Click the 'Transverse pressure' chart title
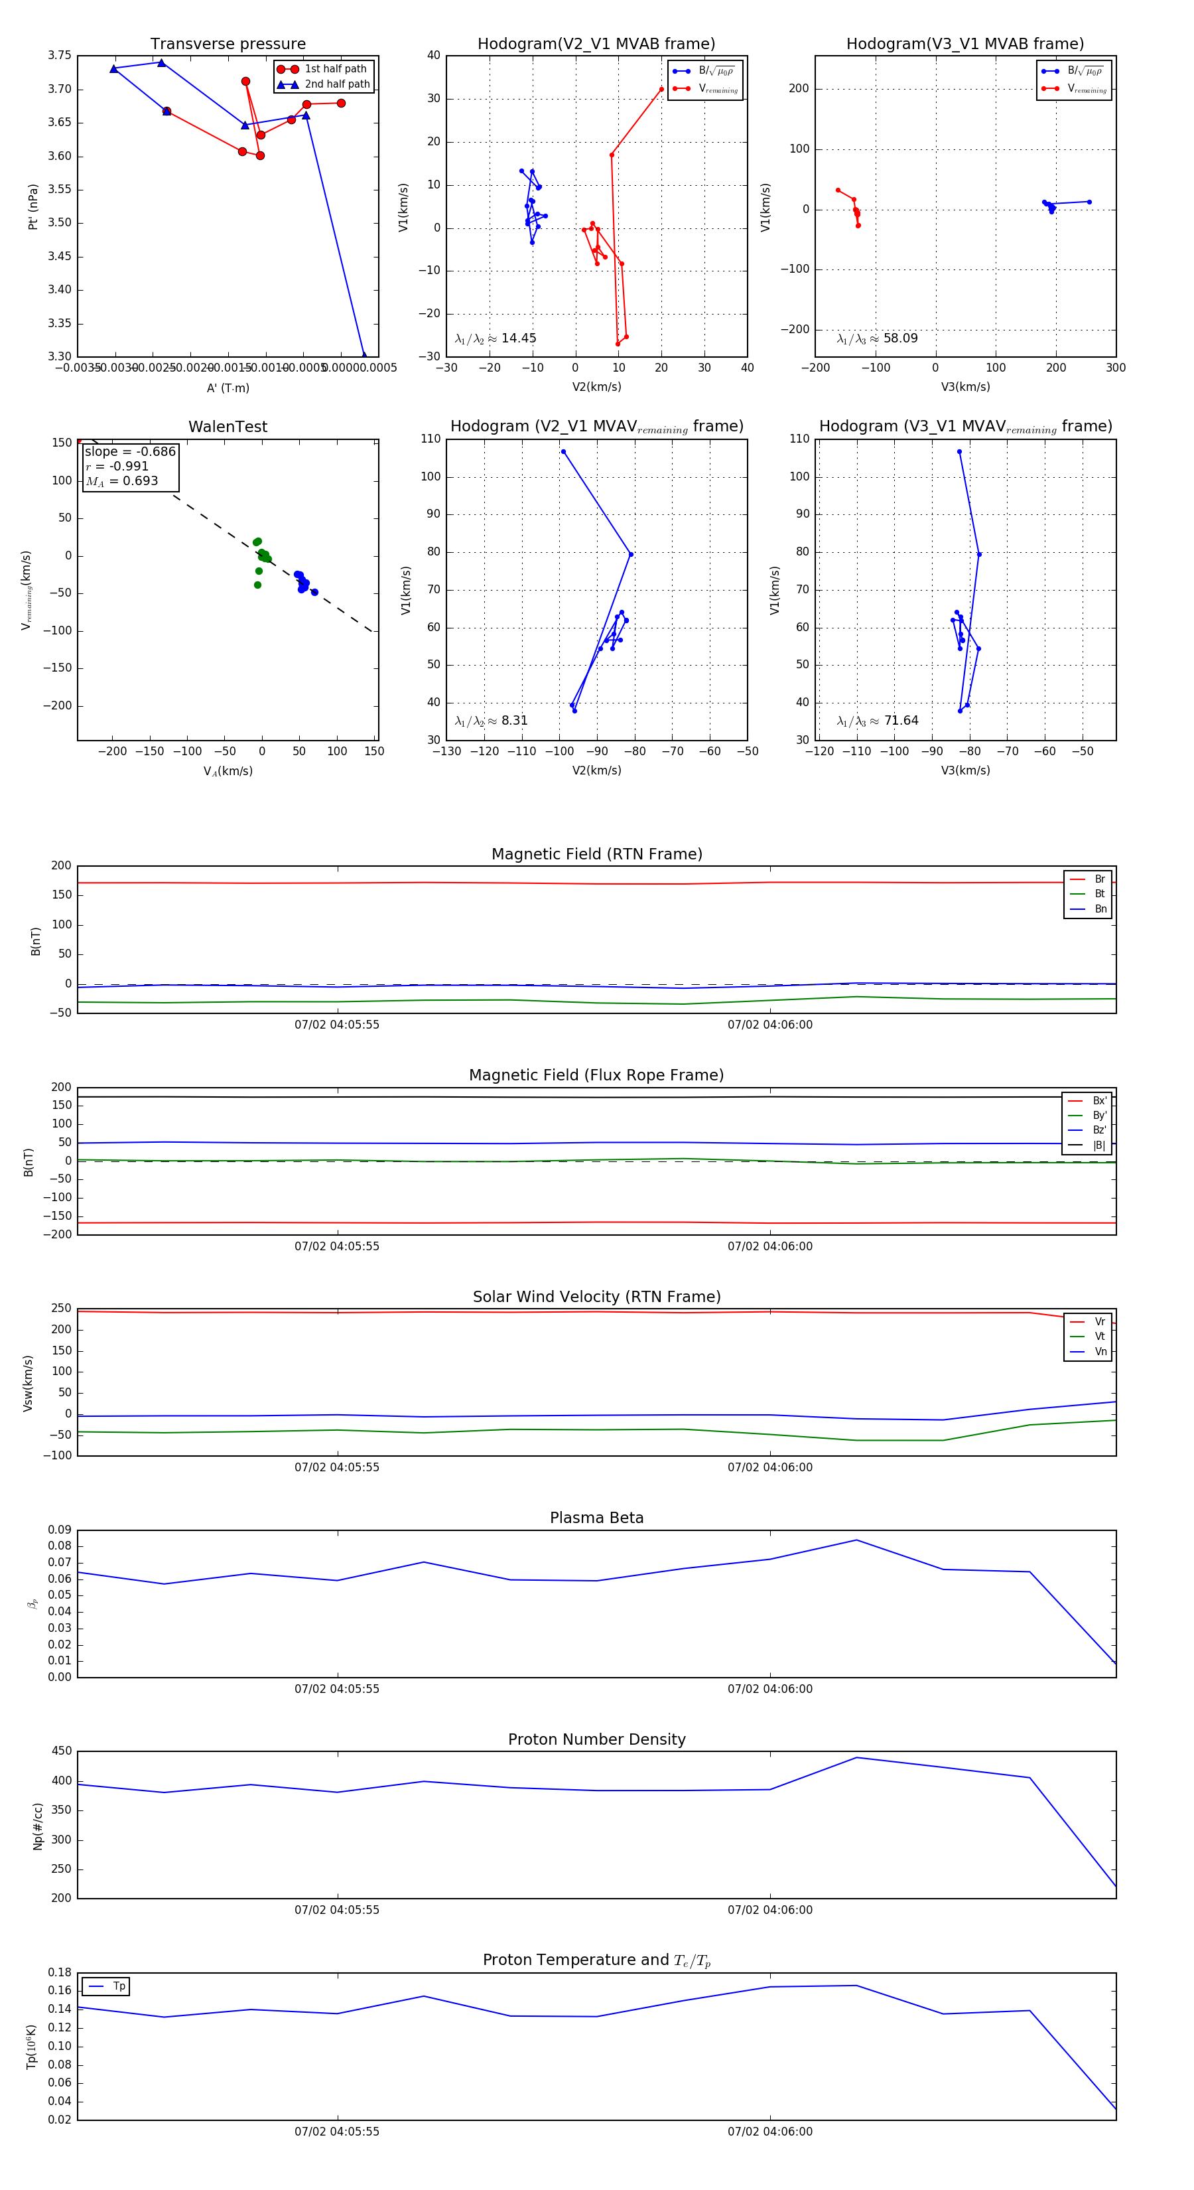(x=228, y=44)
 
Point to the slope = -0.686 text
(x=130, y=451)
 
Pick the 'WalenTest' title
(x=228, y=427)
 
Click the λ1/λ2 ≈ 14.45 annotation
(x=496, y=338)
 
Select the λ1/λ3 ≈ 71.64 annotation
(x=877, y=721)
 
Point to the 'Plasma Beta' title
(x=596, y=1518)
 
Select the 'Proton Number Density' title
(x=596, y=1739)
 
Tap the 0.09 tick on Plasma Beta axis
(x=60, y=1530)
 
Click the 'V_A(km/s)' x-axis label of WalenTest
(x=228, y=771)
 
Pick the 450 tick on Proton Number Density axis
(x=62, y=1751)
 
